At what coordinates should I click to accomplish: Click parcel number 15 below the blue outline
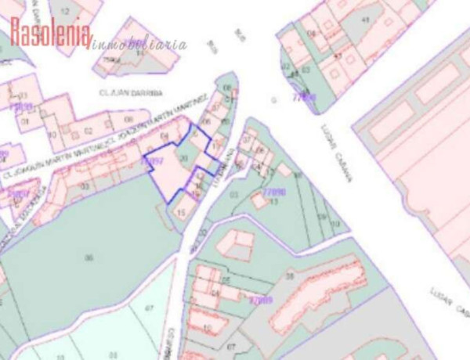click(181, 211)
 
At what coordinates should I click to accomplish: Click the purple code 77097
click(153, 161)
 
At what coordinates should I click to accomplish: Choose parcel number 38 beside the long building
click(290, 276)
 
